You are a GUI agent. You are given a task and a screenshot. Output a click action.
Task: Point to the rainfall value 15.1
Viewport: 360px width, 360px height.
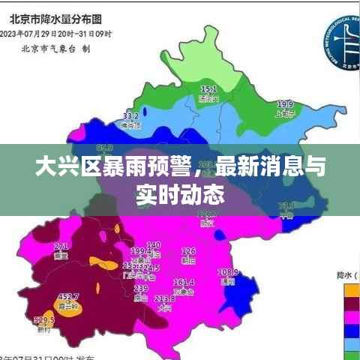(x=208, y=89)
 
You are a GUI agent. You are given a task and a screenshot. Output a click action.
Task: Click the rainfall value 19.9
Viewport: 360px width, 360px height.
(x=284, y=104)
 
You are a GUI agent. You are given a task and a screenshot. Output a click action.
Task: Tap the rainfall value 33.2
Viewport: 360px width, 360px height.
(x=130, y=116)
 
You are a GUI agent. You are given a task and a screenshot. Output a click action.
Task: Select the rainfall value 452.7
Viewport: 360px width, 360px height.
(x=69, y=297)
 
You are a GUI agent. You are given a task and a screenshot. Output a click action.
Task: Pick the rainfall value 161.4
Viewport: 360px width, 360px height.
(x=184, y=282)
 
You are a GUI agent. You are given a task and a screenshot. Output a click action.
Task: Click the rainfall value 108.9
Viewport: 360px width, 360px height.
(x=227, y=271)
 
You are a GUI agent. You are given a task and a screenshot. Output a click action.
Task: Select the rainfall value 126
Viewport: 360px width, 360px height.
(x=188, y=251)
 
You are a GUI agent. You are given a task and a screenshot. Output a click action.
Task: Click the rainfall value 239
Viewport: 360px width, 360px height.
(x=140, y=288)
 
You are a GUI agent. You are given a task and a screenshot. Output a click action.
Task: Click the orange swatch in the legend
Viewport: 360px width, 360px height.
(x=349, y=288)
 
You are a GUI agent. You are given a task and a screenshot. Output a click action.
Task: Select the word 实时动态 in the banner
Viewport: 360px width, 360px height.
(x=180, y=195)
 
